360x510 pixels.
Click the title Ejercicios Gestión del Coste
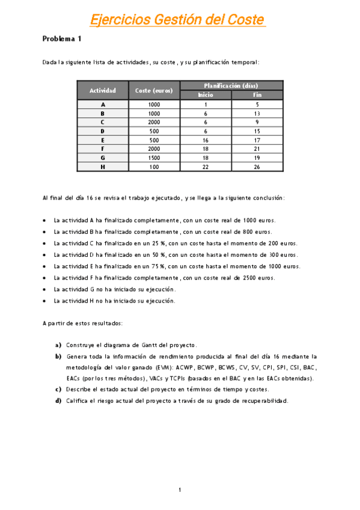[177, 20]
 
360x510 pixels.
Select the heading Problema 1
[61, 39]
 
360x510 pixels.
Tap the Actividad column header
[102, 90]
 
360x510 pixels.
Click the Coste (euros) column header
[154, 90]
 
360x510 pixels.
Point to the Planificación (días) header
[231, 85]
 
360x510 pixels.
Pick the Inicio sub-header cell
[206, 95]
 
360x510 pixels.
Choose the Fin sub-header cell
[257, 95]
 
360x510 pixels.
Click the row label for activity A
[103, 104]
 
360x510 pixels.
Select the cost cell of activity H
[154, 167]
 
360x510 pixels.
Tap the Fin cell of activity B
[257, 113]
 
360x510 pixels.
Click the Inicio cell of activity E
[206, 140]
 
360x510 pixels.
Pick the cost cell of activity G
[154, 158]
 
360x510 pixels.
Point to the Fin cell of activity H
[257, 167]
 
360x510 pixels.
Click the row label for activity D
[103, 131]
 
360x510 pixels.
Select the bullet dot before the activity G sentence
[45, 289]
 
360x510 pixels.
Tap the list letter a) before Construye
[58, 345]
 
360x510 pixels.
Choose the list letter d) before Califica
[58, 401]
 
